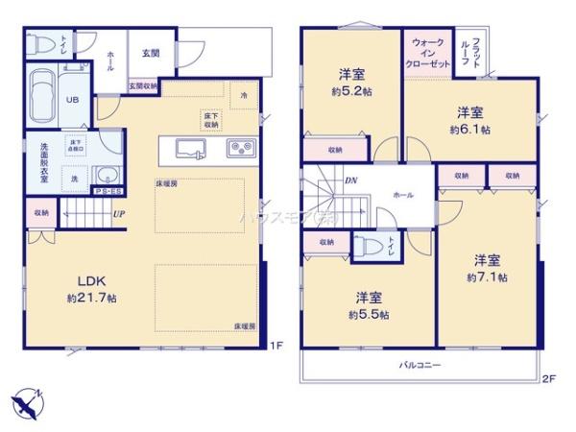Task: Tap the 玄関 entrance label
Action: (152, 54)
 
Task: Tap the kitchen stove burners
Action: (238, 147)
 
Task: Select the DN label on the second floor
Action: (351, 180)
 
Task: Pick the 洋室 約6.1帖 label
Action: (469, 119)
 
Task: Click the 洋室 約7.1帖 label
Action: (487, 268)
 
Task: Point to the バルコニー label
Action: (420, 365)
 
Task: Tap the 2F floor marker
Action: (547, 378)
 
